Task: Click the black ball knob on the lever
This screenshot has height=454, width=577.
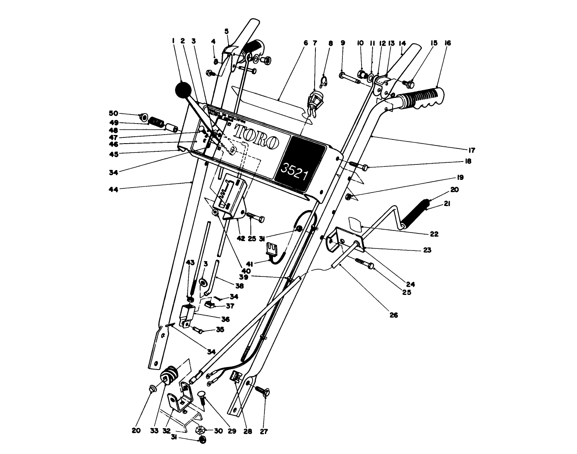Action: [x=182, y=89]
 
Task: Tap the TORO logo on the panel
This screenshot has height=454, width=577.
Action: [x=256, y=137]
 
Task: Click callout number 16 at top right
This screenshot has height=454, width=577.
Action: [x=448, y=42]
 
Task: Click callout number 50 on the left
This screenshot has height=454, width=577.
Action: [x=113, y=113]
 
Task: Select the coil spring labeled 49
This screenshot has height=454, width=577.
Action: [x=155, y=122]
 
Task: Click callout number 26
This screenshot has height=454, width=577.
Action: [x=393, y=315]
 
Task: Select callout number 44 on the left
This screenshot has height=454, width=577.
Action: [x=113, y=189]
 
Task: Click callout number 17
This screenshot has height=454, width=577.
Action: [x=471, y=150]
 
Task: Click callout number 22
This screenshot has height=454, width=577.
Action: [x=434, y=234]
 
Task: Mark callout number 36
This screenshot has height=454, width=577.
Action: [x=225, y=319]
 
